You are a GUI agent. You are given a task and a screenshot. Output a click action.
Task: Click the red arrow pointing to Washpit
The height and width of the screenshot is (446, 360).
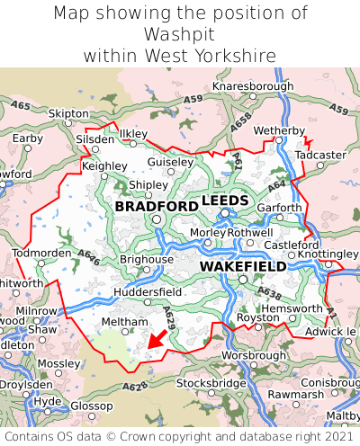point(157,340)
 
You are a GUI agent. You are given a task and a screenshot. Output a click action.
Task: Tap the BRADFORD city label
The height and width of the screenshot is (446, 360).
point(157,207)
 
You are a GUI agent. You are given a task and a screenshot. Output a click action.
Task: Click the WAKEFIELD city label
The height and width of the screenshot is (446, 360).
point(243,267)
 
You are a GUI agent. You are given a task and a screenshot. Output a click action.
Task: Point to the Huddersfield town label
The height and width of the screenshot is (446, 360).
point(149,292)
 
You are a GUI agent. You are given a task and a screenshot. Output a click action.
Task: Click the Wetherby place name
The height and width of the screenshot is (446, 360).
point(280,131)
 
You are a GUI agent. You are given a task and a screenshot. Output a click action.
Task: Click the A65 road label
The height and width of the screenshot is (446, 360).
point(21,106)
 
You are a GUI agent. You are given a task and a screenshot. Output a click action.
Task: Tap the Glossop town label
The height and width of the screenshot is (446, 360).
point(91,406)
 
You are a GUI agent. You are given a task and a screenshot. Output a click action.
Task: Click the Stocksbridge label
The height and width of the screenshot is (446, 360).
point(211,383)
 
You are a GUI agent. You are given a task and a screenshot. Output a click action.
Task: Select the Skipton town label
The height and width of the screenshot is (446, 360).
point(68,114)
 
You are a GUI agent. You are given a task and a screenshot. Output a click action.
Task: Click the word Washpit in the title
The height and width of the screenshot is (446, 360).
point(180,34)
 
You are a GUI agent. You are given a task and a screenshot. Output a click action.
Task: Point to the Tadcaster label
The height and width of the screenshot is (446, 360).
point(321,155)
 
